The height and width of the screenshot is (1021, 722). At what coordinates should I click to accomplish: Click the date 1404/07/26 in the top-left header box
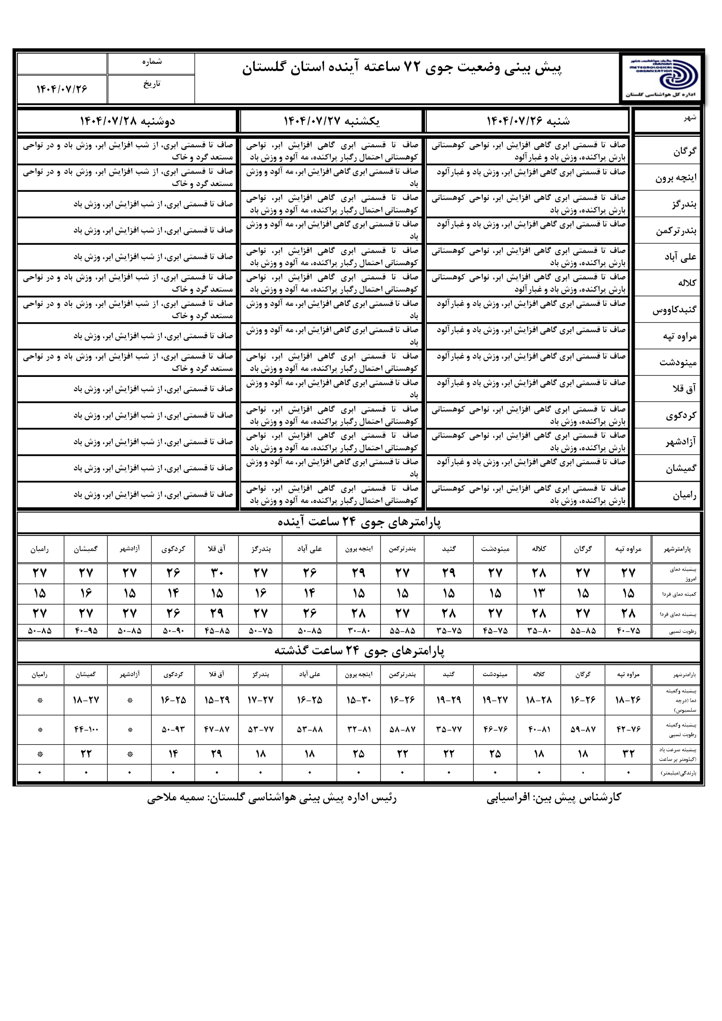(x=61, y=89)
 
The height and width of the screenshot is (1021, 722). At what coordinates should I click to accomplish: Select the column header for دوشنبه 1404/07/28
(x=127, y=121)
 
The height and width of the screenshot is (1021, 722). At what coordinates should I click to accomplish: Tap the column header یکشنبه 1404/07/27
(x=331, y=121)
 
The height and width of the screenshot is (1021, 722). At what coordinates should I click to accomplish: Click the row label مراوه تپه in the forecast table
(x=679, y=337)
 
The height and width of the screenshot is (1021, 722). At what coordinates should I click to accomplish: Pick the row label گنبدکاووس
(x=675, y=310)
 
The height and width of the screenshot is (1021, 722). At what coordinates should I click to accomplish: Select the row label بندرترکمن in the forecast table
(x=676, y=231)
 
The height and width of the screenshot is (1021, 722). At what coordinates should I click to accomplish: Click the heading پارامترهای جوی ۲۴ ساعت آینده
(x=359, y=522)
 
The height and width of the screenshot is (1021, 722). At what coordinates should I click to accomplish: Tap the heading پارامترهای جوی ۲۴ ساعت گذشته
(x=359, y=651)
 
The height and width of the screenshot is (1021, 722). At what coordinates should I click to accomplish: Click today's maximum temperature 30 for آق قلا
(x=217, y=572)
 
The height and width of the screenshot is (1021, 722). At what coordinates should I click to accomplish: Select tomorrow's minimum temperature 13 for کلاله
(x=539, y=593)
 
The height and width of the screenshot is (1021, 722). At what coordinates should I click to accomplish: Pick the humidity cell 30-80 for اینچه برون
(x=359, y=631)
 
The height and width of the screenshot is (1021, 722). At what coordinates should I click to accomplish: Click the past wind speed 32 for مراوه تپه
(x=628, y=754)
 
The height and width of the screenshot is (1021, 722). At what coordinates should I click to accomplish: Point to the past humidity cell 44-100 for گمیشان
(x=86, y=729)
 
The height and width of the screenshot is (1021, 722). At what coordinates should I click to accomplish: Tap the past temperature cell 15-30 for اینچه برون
(x=359, y=700)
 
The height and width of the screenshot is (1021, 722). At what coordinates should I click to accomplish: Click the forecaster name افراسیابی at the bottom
(x=507, y=797)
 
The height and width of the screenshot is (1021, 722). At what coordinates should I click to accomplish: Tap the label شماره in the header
(x=152, y=62)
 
